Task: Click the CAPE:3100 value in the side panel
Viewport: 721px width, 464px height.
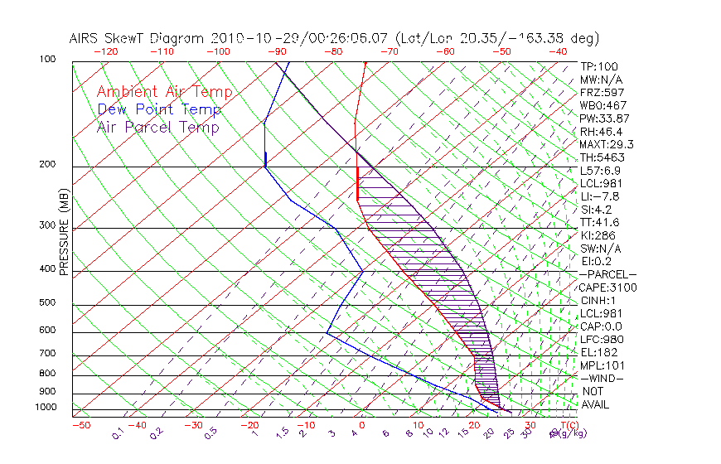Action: click(607, 288)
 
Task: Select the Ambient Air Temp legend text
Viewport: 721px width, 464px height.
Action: click(164, 92)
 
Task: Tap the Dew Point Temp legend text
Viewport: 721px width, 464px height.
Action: click(159, 109)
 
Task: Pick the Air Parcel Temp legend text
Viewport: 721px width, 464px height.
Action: click(158, 127)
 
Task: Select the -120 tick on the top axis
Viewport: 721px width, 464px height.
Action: click(105, 51)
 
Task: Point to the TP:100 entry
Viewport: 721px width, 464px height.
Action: click(598, 66)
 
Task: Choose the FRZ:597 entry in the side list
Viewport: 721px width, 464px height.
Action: click(602, 92)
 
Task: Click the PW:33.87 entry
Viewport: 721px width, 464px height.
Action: click(605, 118)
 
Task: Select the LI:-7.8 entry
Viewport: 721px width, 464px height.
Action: click(599, 196)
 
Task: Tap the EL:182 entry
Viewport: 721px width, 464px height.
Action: click(598, 352)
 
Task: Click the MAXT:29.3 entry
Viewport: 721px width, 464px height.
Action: click(607, 144)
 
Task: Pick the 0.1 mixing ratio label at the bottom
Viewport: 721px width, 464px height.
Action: click(118, 432)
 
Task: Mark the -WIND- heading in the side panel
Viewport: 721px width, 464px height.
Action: click(602, 378)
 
